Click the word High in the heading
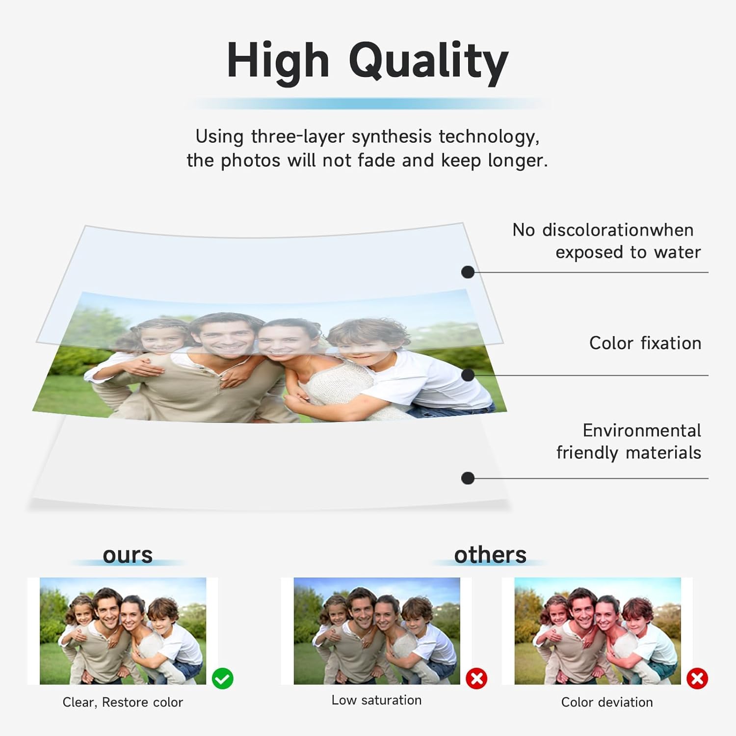tap(278, 61)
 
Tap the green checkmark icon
tap(223, 679)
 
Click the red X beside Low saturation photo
tap(476, 679)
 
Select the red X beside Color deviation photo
tap(697, 679)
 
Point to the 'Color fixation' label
tap(645, 343)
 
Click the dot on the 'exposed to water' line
tap(468, 272)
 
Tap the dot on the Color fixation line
tap(468, 375)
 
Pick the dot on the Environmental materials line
tap(468, 478)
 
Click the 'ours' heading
tap(128, 555)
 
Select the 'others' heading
tap(490, 555)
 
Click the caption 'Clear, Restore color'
tap(123, 703)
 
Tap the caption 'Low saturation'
tap(376, 700)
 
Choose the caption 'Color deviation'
tap(607, 703)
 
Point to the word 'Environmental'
tap(642, 430)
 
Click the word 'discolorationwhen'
tap(618, 230)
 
